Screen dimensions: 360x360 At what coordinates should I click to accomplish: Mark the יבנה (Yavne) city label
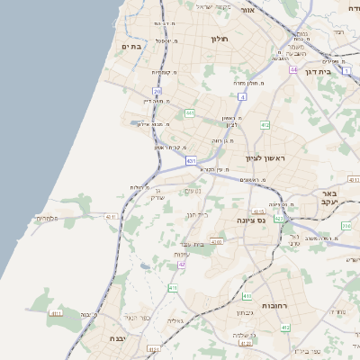pos(106,338)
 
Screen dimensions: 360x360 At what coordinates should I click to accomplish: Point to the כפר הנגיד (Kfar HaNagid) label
pos(136,317)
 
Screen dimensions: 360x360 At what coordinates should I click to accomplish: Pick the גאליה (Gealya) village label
pos(175,320)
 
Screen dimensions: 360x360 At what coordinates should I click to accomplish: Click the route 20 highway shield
pos(157,91)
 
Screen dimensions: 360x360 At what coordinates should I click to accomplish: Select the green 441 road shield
pos(190,112)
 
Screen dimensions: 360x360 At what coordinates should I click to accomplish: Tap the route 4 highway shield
pos(241,95)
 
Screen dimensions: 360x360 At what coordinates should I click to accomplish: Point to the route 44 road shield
pos(293,68)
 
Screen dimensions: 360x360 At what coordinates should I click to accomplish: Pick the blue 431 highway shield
pos(191,160)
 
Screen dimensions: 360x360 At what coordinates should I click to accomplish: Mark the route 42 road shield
pos(182,265)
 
